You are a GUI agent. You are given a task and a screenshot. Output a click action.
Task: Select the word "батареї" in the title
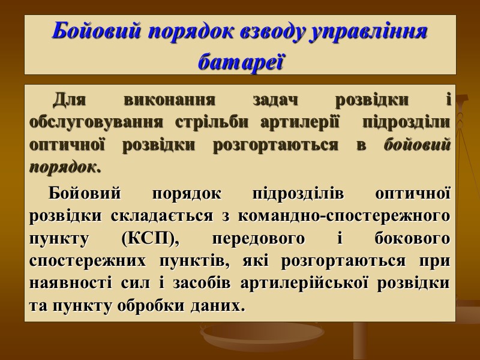coord(240,60)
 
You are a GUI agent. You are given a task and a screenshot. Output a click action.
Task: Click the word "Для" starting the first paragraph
coord(69,99)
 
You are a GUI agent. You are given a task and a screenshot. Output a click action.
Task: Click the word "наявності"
coord(66,283)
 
